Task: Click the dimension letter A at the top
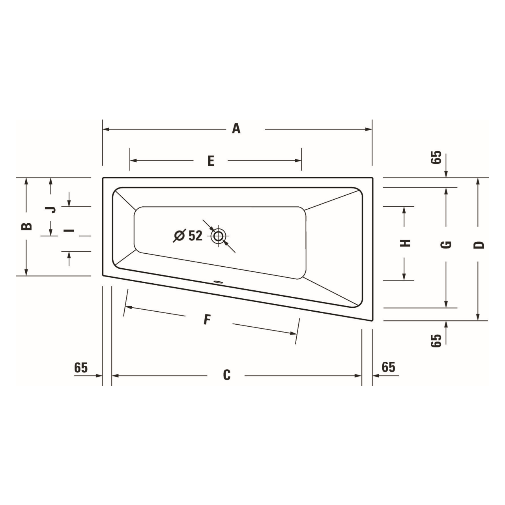[236, 129]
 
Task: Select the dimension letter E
[211, 161]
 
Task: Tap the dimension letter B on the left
[26, 226]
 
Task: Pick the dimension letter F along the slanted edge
[207, 320]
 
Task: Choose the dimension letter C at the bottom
[226, 375]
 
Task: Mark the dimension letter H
[405, 243]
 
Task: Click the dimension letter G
[446, 245]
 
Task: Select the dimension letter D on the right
[478, 245]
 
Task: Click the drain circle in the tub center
[218, 236]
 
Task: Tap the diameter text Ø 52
[188, 236]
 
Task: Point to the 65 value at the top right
[436, 158]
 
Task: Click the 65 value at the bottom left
[81, 367]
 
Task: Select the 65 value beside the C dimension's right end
[388, 367]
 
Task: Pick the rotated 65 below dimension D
[436, 340]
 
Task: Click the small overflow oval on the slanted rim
[218, 282]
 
